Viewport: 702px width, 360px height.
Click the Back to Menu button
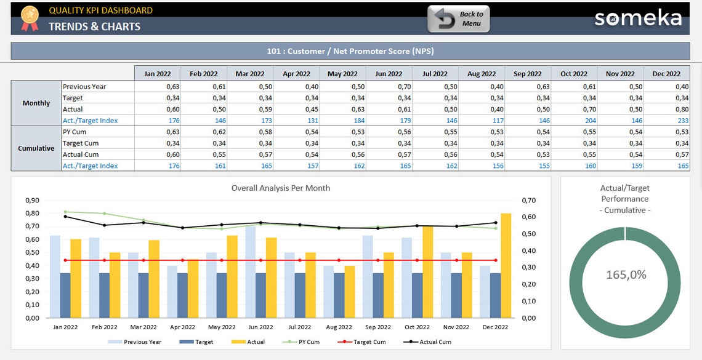(x=459, y=19)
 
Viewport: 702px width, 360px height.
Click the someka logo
(x=638, y=18)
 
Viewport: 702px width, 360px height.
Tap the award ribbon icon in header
(x=29, y=18)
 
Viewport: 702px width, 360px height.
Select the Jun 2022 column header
(x=389, y=74)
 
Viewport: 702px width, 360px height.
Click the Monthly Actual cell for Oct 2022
(x=574, y=109)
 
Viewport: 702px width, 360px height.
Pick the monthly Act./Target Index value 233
(x=666, y=121)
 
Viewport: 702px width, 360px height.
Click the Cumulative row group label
(x=36, y=148)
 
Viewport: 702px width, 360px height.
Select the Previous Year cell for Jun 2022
(x=389, y=87)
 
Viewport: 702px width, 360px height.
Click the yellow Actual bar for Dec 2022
(x=506, y=265)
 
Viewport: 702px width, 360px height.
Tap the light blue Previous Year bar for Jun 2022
(x=251, y=271)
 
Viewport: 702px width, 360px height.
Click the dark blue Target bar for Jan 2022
(x=65, y=295)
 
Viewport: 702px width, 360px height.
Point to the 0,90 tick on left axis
(x=32, y=200)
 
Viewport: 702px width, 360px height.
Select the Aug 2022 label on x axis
(x=339, y=327)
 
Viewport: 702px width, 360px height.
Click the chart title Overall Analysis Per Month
(x=281, y=188)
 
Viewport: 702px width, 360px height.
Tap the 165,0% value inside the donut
(x=625, y=275)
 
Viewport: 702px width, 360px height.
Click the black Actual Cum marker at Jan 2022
(x=65, y=216)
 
